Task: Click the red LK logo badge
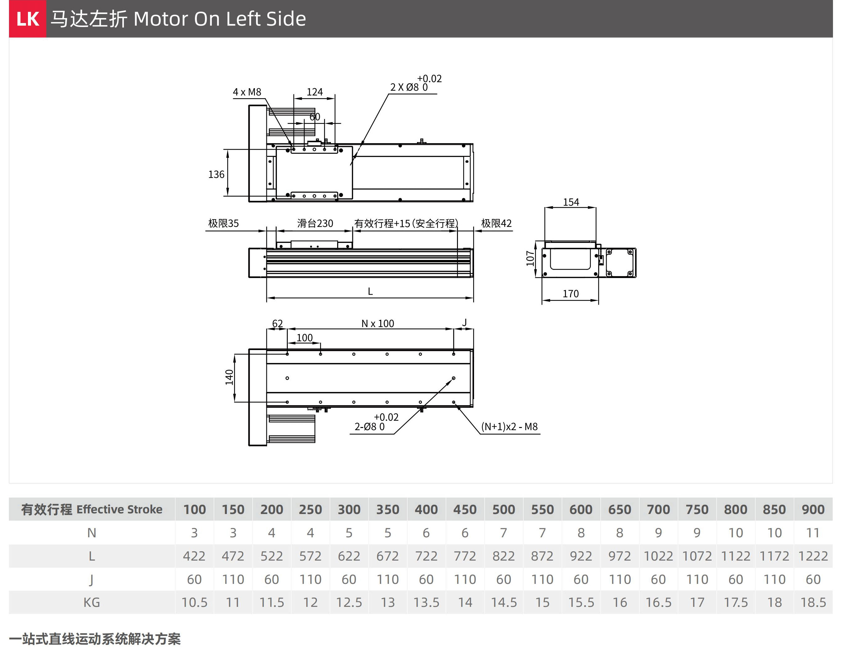point(28,19)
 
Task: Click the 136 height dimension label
point(216,175)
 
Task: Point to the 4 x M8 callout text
point(247,92)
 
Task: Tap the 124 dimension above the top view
point(314,92)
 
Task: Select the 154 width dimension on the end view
point(571,202)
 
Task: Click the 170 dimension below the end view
point(571,293)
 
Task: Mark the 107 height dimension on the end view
point(530,258)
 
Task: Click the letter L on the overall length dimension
point(370,291)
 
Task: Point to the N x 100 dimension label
point(378,323)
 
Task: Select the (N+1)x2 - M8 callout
point(509,426)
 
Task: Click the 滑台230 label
point(315,223)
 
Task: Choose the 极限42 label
point(496,223)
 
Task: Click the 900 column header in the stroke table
point(813,509)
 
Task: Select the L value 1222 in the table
point(813,556)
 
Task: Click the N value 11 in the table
point(813,533)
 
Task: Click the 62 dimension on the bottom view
point(277,323)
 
